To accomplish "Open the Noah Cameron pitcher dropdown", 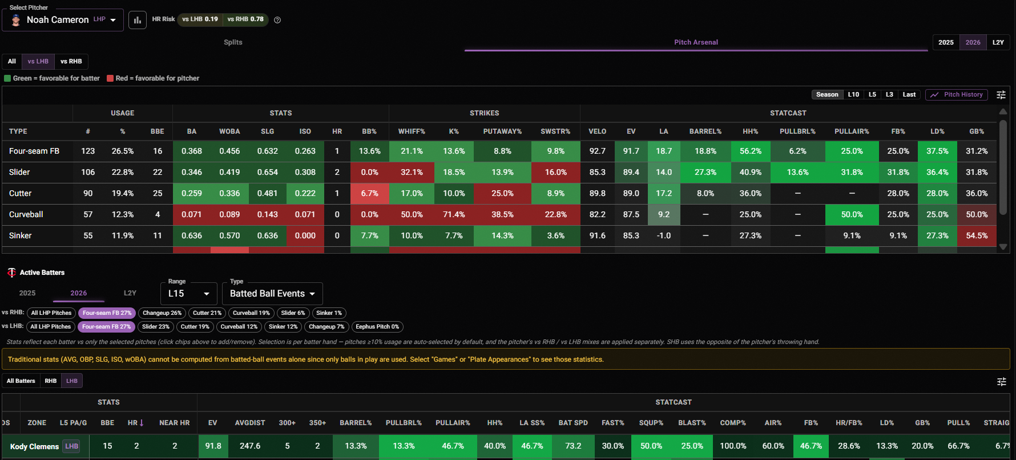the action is click(x=63, y=20).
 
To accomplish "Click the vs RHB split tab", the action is click(x=71, y=61).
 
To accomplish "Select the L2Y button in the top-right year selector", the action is click(x=998, y=42).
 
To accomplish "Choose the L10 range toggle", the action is click(x=853, y=95).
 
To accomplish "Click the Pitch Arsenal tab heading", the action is click(x=696, y=42).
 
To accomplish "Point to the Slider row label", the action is click(x=19, y=172).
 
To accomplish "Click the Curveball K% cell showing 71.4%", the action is click(x=454, y=214).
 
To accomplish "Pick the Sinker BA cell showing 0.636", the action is click(x=192, y=235).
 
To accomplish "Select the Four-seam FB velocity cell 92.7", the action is click(x=598, y=151).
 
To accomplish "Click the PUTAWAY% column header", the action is click(x=502, y=131).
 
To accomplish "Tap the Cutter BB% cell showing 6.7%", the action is click(x=369, y=193).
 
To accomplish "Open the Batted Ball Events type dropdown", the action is click(x=272, y=294).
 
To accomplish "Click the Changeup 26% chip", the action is click(x=162, y=313).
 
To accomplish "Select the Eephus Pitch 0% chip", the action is click(x=377, y=327).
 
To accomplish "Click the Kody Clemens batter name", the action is click(x=34, y=446).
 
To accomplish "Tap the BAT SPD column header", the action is click(x=573, y=423).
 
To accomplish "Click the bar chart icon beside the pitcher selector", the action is click(x=138, y=20).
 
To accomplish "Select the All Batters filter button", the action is click(x=21, y=381).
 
